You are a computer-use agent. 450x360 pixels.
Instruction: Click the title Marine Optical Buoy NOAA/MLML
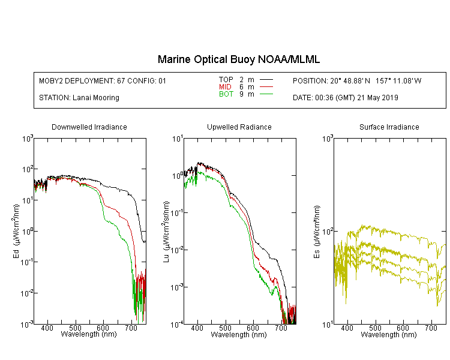click(x=238, y=59)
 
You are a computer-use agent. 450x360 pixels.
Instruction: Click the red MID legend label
click(x=225, y=86)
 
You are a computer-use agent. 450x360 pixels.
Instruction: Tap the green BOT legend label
click(x=226, y=94)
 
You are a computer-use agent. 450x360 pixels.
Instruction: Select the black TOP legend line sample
click(x=266, y=80)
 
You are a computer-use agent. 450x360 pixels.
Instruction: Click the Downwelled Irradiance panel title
click(x=89, y=127)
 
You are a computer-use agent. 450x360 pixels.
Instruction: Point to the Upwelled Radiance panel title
click(x=239, y=127)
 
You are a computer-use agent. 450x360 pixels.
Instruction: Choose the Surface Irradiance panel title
click(x=389, y=127)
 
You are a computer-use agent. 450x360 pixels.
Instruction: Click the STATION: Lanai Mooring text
click(x=79, y=98)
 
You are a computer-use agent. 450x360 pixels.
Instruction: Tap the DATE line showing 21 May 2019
click(x=345, y=98)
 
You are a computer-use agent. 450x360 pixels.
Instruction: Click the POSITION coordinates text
click(x=357, y=80)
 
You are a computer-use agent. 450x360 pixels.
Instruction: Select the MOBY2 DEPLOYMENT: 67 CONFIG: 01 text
click(x=103, y=80)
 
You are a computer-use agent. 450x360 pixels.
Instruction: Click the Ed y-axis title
click(x=16, y=231)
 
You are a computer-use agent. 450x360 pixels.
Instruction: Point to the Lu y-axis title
click(x=166, y=232)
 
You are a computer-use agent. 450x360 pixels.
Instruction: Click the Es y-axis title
click(x=317, y=232)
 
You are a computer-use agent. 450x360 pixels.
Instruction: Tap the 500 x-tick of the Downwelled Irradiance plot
click(x=75, y=328)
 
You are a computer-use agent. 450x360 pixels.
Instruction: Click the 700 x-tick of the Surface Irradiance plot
click(x=431, y=328)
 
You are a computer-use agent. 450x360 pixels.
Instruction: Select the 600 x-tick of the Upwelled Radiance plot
click(x=253, y=328)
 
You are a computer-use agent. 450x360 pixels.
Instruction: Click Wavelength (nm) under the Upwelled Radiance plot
click(x=239, y=335)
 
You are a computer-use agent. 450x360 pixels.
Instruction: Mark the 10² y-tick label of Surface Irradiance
click(x=328, y=231)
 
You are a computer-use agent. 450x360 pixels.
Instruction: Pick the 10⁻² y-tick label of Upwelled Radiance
click(x=177, y=250)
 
